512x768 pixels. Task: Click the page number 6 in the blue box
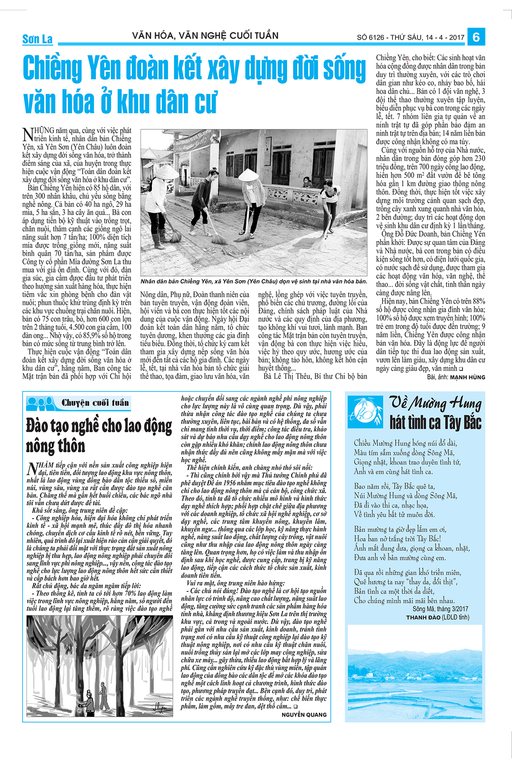click(x=476, y=37)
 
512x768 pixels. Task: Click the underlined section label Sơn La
click(x=38, y=39)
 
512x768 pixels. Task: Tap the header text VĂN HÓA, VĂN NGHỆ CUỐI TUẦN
click(x=205, y=36)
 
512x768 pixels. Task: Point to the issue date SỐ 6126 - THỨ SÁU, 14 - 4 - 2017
click(x=410, y=38)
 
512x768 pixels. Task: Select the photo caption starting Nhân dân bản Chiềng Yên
click(x=253, y=282)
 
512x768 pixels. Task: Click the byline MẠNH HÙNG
click(x=468, y=377)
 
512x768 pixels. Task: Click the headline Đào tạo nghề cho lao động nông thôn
click(x=99, y=436)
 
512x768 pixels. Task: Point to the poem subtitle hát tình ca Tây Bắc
click(x=435, y=422)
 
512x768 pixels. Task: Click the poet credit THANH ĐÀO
click(x=423, y=617)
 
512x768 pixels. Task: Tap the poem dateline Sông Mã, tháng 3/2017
click(x=440, y=609)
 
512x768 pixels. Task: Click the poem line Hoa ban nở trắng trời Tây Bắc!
click(x=397, y=539)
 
